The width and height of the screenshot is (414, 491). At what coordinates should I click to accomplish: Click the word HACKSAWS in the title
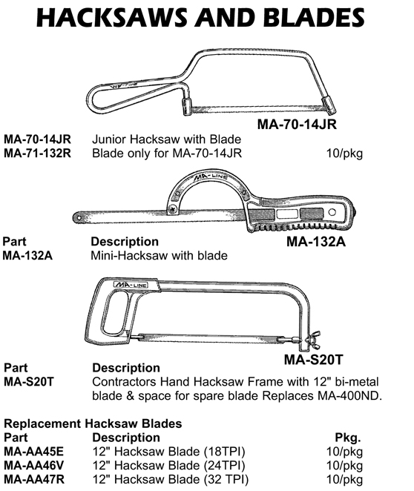(112, 17)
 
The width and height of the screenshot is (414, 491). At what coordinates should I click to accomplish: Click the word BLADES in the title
(314, 17)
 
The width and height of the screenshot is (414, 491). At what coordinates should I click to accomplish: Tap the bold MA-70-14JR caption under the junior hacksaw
(297, 124)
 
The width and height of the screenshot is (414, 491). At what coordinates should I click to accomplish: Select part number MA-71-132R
(37, 153)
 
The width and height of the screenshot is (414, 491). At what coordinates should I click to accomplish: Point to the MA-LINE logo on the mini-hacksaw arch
(211, 177)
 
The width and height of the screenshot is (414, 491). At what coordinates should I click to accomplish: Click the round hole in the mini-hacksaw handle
(332, 212)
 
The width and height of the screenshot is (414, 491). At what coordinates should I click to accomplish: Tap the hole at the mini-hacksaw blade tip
(79, 218)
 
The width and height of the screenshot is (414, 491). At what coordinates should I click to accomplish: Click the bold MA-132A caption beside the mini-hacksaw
(316, 242)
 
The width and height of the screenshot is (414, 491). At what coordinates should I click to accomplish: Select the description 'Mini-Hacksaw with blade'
(159, 256)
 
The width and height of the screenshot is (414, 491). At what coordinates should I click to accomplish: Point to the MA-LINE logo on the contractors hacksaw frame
(130, 285)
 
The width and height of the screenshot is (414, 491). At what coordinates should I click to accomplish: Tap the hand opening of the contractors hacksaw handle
(114, 313)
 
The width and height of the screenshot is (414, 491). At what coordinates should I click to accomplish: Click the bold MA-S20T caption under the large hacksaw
(314, 360)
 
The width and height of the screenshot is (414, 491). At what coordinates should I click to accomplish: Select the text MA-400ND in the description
(350, 396)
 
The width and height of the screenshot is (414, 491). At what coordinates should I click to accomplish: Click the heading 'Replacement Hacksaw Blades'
(93, 424)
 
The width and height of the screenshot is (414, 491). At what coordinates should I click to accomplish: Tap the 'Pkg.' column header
(348, 438)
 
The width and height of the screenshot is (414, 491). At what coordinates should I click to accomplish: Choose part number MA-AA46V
(34, 465)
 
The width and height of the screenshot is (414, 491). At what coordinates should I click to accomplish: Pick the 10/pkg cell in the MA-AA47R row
(344, 479)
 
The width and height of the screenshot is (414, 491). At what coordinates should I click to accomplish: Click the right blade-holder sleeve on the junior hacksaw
(330, 105)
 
